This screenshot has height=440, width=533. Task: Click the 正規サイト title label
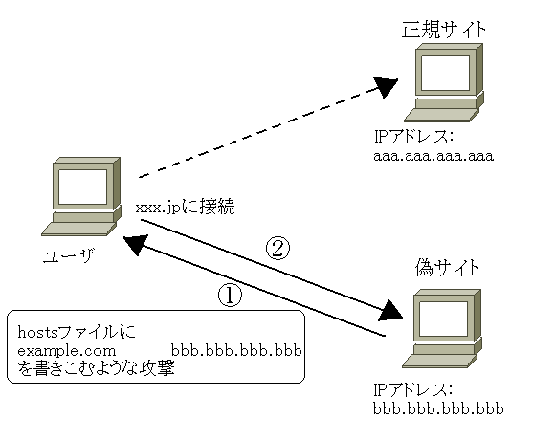pos(444,30)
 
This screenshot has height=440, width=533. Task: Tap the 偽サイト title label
pos(447,268)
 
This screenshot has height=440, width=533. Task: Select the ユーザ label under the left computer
pos(69,255)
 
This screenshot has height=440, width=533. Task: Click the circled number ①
pos(230,296)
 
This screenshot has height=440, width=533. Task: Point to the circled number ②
pos(278,249)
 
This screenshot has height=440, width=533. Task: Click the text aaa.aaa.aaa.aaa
pos(433,156)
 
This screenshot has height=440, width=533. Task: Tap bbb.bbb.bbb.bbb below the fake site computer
pos(438,408)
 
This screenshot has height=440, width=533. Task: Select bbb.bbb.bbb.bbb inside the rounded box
pos(236,350)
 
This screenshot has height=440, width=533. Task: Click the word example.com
pos(67,351)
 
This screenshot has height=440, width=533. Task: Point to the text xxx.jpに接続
pos(185,206)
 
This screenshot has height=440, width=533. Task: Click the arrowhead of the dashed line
pos(386,87)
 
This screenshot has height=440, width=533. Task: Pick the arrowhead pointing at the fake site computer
pos(390,311)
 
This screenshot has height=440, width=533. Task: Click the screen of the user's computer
pos(82,187)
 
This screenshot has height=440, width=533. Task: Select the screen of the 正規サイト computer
pos(445,73)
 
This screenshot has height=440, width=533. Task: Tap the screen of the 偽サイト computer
pos(443,319)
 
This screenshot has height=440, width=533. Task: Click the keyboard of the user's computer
pos(78,230)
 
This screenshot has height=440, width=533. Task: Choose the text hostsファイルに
pos(77,332)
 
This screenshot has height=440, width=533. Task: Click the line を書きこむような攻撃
pos(97,368)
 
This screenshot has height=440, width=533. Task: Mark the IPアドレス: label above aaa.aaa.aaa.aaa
pos(413,137)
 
